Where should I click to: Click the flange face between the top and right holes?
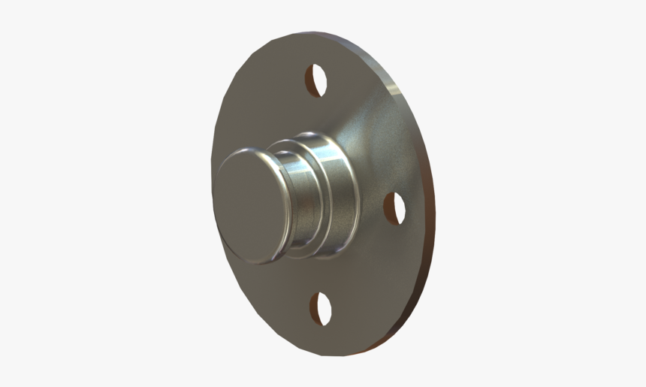click(x=376, y=135)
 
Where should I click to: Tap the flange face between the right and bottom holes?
click(x=376, y=271)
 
